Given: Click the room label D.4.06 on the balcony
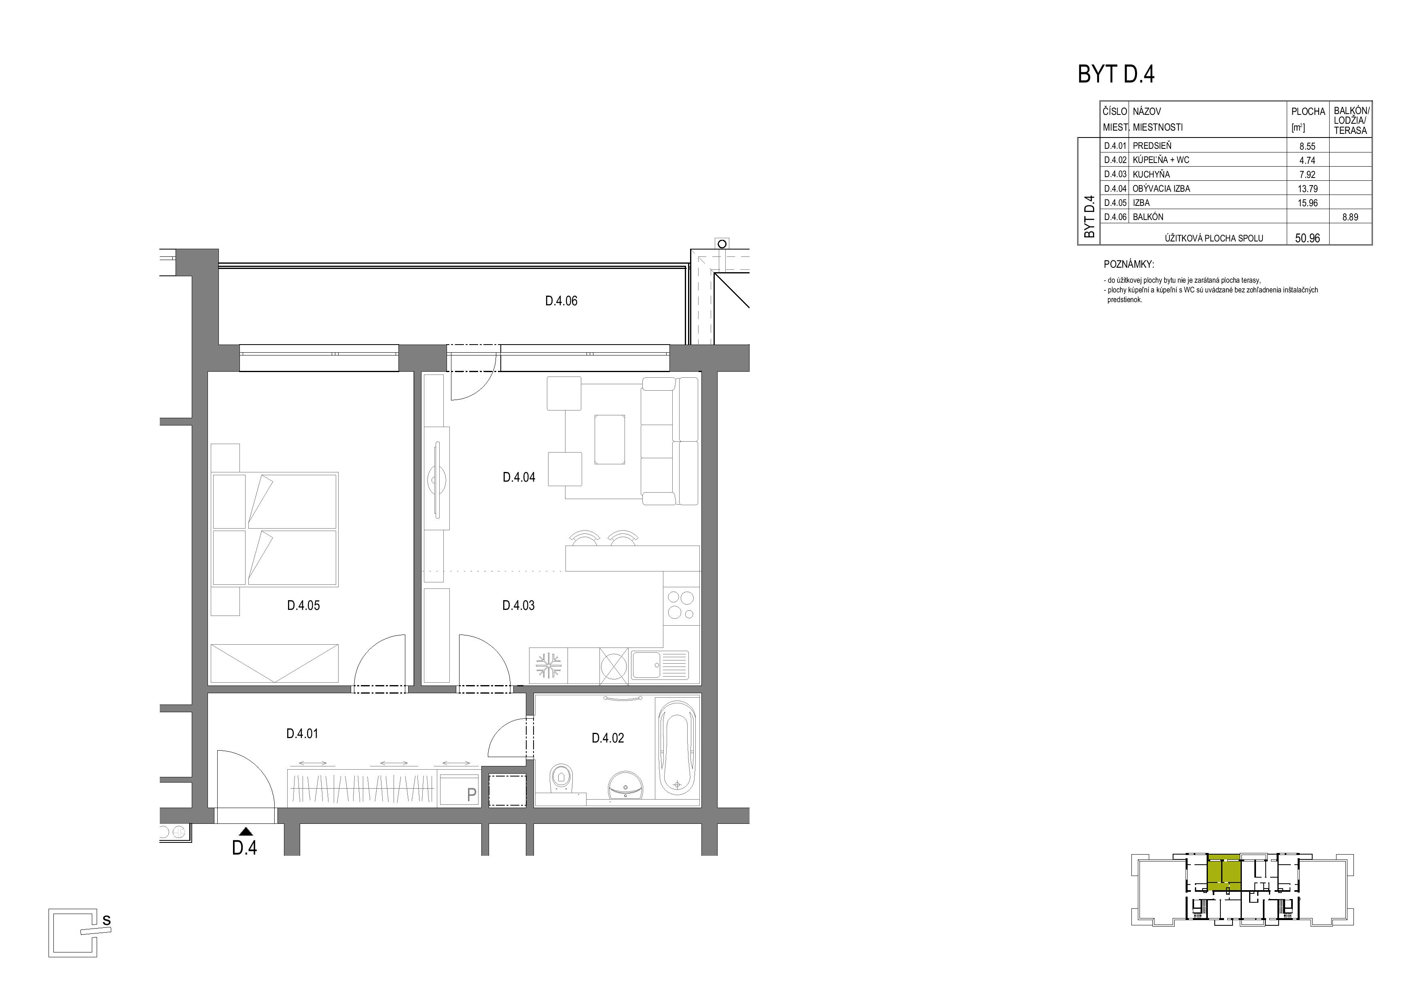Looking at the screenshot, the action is tap(561, 301).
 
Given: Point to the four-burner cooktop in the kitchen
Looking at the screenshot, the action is tap(681, 605).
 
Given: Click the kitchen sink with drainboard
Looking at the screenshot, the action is tap(659, 666).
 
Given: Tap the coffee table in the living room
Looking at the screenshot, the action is tap(609, 439).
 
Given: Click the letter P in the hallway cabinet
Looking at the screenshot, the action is tap(472, 795).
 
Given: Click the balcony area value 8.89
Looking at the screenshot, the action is tap(1350, 217).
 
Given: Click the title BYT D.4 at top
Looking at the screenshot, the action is tap(1116, 74).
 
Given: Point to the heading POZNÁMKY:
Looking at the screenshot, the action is tap(1129, 265).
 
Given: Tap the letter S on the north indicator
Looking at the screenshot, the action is tap(106, 920).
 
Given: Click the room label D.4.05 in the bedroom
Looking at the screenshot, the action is tap(303, 605).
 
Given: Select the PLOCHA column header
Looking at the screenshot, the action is tap(1308, 112).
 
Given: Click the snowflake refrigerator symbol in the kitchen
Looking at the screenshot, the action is tap(548, 666).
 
